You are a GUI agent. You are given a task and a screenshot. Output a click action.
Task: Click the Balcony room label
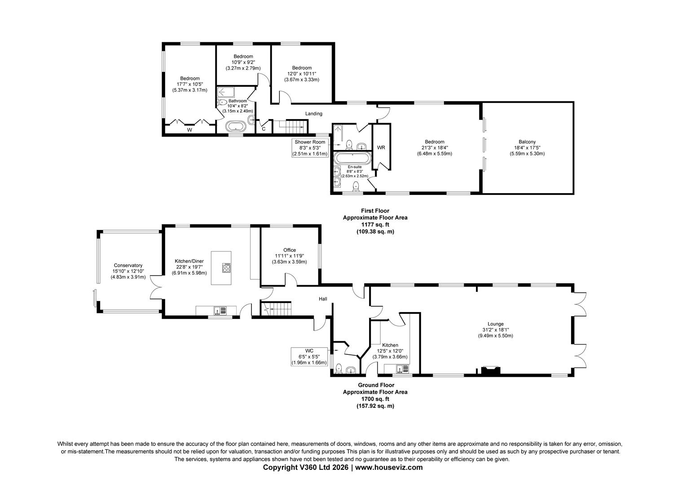(x=527, y=142)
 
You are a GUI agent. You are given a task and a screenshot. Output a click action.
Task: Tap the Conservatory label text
(x=128, y=265)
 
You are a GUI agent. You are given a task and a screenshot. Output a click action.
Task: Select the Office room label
(x=290, y=250)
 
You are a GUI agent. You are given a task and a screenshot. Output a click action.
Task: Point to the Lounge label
(x=496, y=324)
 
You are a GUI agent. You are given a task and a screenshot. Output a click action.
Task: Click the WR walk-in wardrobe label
(x=381, y=148)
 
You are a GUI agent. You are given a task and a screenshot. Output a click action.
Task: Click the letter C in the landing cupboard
(x=264, y=129)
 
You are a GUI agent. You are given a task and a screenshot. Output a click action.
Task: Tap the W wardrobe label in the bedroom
(x=189, y=130)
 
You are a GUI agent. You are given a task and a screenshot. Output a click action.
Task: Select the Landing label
(x=314, y=114)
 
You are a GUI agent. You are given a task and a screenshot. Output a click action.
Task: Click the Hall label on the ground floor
(x=323, y=299)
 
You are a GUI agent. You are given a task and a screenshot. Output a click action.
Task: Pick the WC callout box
(x=309, y=357)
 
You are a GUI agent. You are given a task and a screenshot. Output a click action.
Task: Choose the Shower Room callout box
(x=310, y=148)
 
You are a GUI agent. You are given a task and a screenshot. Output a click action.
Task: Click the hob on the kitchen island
(x=227, y=268)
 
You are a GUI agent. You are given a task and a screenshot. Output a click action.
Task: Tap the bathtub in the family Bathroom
(x=236, y=126)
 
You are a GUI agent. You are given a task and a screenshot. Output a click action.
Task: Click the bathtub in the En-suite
(x=352, y=159)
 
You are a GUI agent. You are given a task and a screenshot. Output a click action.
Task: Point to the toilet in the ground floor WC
(x=339, y=369)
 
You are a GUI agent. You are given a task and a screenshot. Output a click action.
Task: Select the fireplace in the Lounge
(x=491, y=370)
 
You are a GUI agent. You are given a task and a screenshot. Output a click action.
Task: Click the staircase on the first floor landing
(x=290, y=127)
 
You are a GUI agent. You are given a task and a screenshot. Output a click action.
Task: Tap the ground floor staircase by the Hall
(x=276, y=309)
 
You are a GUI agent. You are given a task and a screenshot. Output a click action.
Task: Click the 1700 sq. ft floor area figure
(x=375, y=399)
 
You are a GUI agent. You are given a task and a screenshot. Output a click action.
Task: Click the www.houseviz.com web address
(x=389, y=467)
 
